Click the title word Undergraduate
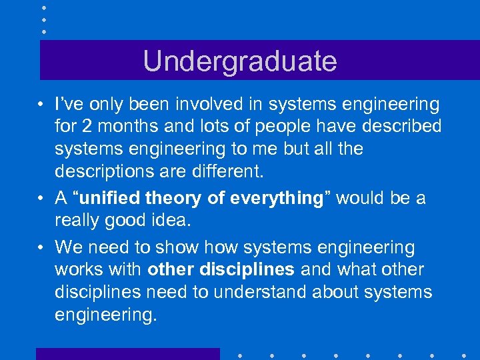(x=240, y=61)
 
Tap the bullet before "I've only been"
(x=41, y=105)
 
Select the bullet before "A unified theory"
(x=41, y=199)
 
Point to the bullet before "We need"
(x=41, y=248)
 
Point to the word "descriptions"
(x=106, y=171)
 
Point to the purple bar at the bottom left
(x=127, y=353)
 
